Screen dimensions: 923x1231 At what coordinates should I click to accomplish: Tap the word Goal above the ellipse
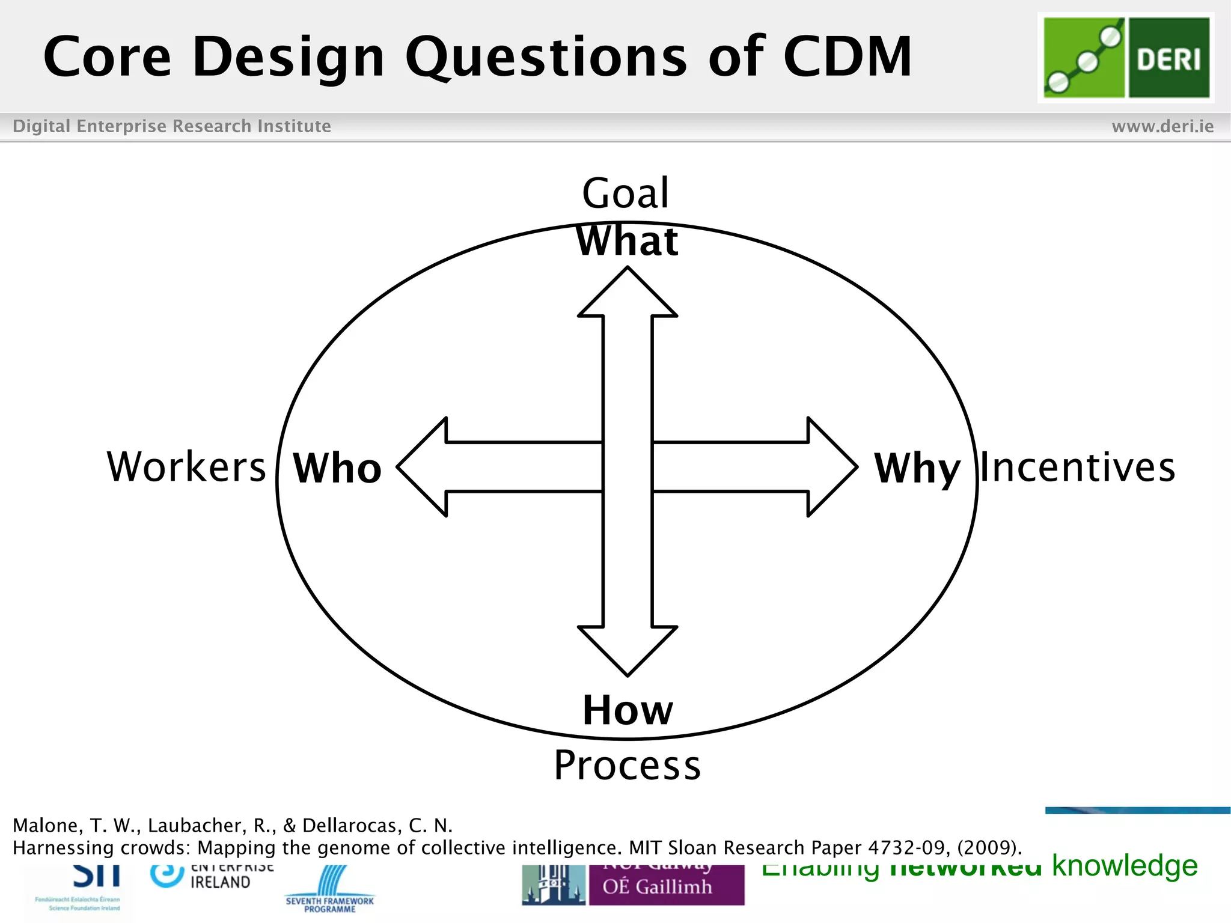(x=625, y=193)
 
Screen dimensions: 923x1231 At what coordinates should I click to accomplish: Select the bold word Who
(x=337, y=468)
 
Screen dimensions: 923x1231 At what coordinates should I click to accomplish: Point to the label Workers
(x=186, y=467)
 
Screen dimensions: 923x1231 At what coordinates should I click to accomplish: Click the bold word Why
(x=917, y=469)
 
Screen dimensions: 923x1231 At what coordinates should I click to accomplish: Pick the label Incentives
(x=1078, y=468)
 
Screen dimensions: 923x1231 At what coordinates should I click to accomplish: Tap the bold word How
(x=628, y=710)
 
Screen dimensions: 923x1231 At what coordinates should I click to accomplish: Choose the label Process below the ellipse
(x=628, y=766)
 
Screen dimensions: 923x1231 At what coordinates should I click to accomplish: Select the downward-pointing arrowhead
(x=628, y=649)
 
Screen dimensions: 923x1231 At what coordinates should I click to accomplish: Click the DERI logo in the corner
(x=1126, y=58)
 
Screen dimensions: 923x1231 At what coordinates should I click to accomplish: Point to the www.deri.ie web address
(x=1162, y=126)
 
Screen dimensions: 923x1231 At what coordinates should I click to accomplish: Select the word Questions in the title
(x=546, y=58)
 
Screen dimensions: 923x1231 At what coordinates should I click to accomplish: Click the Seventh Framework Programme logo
(x=329, y=889)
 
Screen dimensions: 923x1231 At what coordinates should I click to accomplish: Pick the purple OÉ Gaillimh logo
(x=666, y=885)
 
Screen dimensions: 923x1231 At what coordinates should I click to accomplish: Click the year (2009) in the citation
(x=989, y=848)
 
